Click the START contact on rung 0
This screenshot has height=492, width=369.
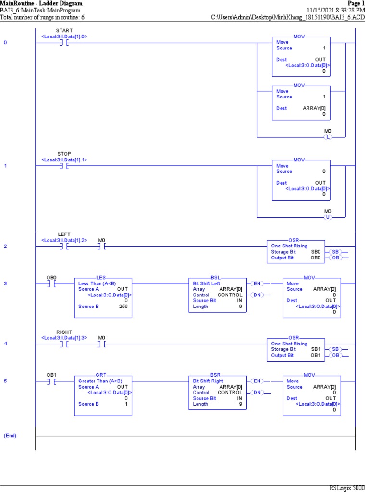[64, 43]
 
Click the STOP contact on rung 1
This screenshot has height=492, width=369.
[64, 166]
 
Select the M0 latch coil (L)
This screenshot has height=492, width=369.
[328, 137]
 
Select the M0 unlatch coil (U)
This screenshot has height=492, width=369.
[328, 217]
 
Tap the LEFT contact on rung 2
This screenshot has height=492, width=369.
[64, 246]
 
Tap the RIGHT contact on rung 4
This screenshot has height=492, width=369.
[64, 344]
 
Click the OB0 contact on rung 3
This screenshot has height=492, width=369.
[51, 283]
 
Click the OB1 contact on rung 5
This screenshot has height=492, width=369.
[51, 381]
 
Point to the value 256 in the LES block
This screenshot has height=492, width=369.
[123, 307]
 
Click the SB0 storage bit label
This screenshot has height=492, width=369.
[316, 252]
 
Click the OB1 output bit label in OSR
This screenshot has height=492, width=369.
[316, 355]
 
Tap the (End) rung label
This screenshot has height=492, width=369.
[10, 435]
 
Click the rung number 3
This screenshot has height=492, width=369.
[5, 283]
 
